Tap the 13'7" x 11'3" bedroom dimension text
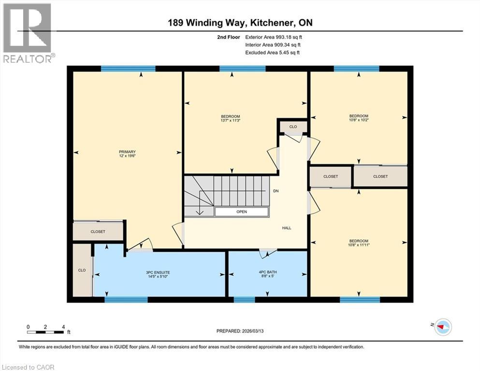[230, 121]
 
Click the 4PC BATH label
[267, 272]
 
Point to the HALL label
[287, 228]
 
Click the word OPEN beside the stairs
[242, 212]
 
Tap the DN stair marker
[276, 191]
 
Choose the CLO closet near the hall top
[293, 127]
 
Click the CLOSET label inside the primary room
[98, 232]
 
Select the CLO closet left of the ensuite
[82, 270]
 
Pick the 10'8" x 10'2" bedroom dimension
[359, 120]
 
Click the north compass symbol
[442, 327]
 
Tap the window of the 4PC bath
[244, 300]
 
